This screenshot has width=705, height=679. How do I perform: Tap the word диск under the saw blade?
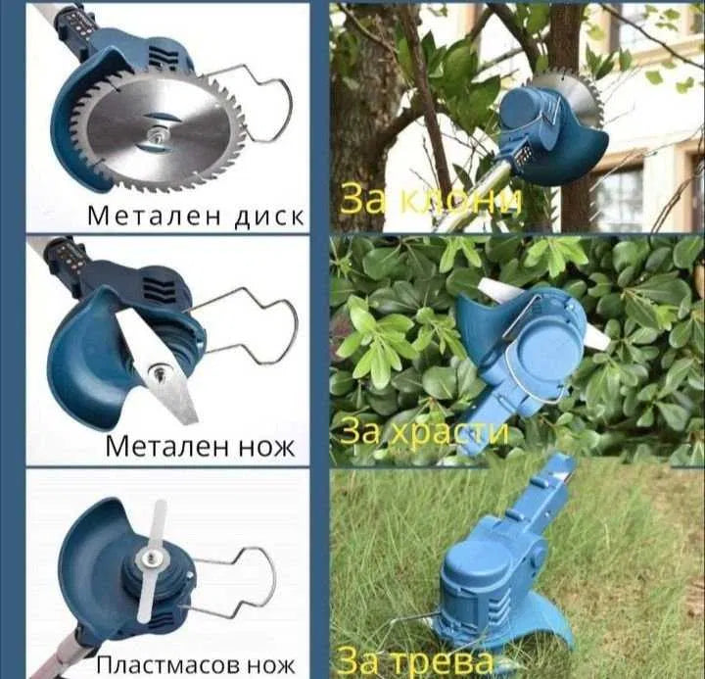269,217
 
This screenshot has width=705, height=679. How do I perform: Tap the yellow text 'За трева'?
413,661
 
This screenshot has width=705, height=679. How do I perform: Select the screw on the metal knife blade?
159,371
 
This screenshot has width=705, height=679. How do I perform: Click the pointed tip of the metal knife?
194,421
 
